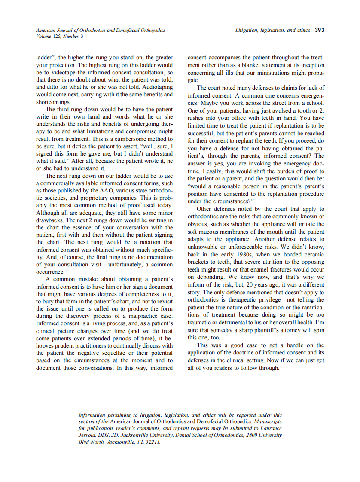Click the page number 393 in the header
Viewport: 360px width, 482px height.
click(x=319, y=31)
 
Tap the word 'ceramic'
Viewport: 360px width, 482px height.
click(x=314, y=254)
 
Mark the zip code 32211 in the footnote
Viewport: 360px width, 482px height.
click(x=152, y=442)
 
